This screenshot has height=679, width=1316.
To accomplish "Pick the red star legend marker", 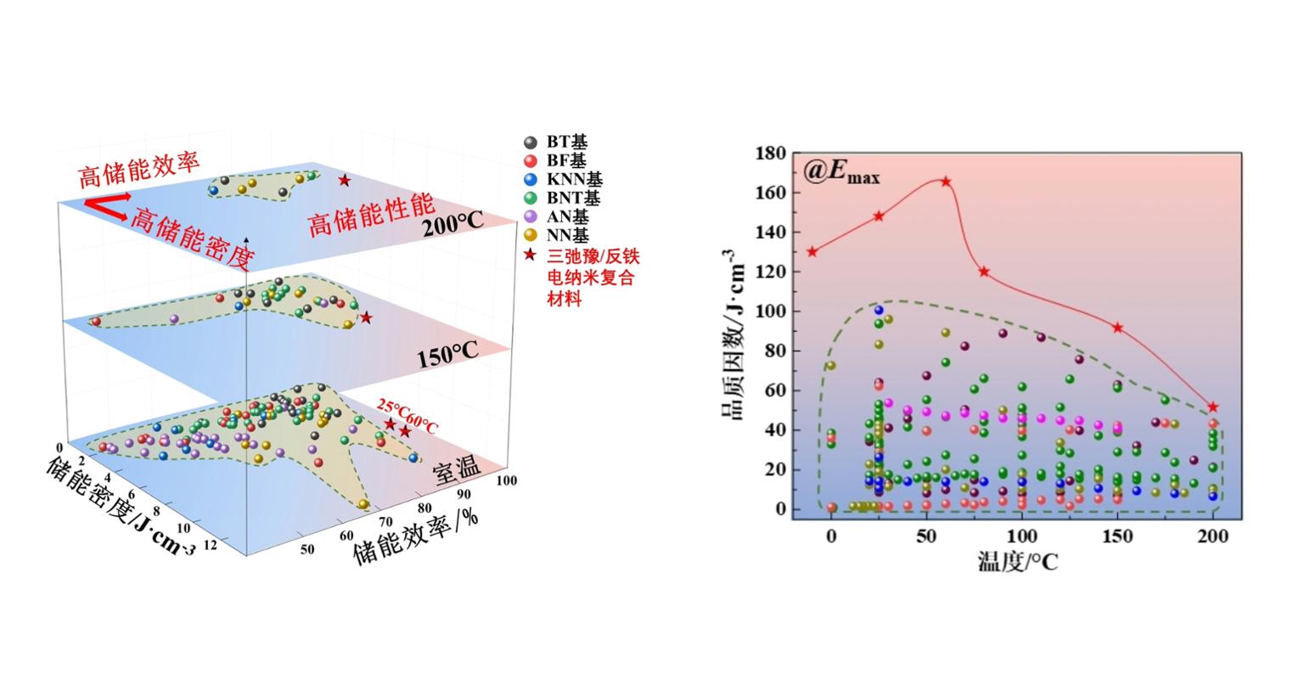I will click(531, 255).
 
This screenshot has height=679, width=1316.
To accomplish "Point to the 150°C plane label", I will click(447, 356).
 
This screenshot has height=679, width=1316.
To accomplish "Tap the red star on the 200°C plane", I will click(344, 180).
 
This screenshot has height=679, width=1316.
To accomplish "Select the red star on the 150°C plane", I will click(366, 317).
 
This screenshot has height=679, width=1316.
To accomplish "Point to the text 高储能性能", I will click(371, 215).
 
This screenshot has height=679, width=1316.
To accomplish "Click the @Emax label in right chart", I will click(841, 173).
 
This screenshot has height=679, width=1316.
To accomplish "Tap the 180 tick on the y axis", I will click(770, 154).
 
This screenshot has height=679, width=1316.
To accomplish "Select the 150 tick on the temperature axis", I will click(1117, 536).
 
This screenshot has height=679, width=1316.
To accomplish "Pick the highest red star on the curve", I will click(946, 182).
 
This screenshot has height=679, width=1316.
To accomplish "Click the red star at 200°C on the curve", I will click(1212, 407).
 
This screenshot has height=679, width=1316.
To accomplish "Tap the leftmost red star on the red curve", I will click(813, 251).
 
